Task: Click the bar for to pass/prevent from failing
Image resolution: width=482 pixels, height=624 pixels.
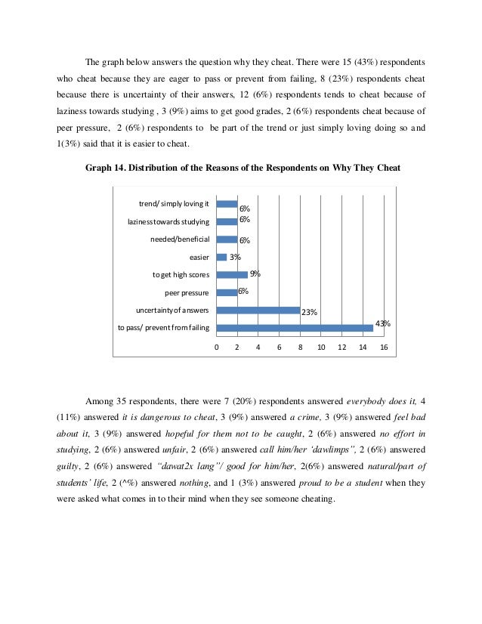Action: [x=295, y=328]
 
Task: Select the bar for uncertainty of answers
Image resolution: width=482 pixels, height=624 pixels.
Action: [x=258, y=310]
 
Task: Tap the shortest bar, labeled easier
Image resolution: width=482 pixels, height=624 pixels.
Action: [x=221, y=257]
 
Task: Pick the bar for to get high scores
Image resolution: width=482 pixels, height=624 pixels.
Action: [x=232, y=274]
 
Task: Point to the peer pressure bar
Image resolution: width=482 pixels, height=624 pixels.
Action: [x=227, y=292]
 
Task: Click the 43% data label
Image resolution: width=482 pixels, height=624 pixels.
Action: [x=382, y=323]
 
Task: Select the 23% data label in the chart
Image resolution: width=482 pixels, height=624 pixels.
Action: [x=309, y=311]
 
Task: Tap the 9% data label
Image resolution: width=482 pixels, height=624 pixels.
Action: [x=255, y=273]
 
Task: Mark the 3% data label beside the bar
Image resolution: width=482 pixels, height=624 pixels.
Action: [x=235, y=258]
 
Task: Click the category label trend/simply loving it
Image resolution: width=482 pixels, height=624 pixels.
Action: [x=173, y=204]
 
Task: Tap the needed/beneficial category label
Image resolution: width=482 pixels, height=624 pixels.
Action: [x=180, y=239]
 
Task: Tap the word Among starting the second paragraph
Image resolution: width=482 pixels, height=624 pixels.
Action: [x=100, y=400]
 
